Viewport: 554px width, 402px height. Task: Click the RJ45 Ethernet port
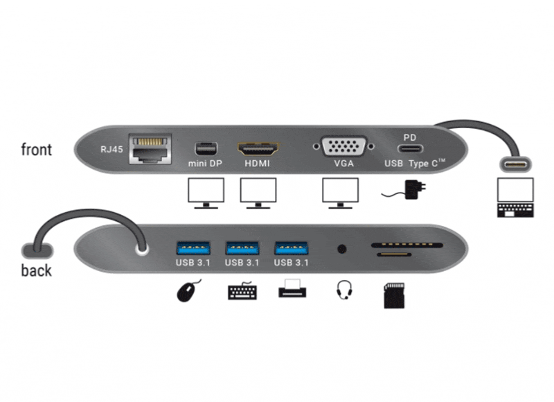(150, 149)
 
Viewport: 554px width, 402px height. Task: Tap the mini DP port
(206, 149)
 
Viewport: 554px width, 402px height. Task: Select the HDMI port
(258, 149)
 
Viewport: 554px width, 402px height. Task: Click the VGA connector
(343, 146)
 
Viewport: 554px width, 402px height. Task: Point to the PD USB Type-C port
(410, 148)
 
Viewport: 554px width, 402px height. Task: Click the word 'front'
(37, 150)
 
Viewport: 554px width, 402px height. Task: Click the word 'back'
(37, 271)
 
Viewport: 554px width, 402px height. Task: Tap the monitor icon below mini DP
(206, 193)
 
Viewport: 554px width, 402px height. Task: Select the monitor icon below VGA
(340, 193)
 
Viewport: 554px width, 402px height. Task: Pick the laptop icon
(515, 198)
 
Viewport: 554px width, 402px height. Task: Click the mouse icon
(188, 290)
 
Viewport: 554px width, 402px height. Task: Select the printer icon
(292, 288)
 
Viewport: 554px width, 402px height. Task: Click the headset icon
(343, 290)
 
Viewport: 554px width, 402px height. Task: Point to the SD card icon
(394, 295)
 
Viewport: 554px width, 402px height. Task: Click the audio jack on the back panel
(341, 250)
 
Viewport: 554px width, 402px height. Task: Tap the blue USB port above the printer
(292, 248)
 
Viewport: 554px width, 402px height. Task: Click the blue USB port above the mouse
(193, 248)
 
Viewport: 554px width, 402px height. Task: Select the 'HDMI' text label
(257, 164)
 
